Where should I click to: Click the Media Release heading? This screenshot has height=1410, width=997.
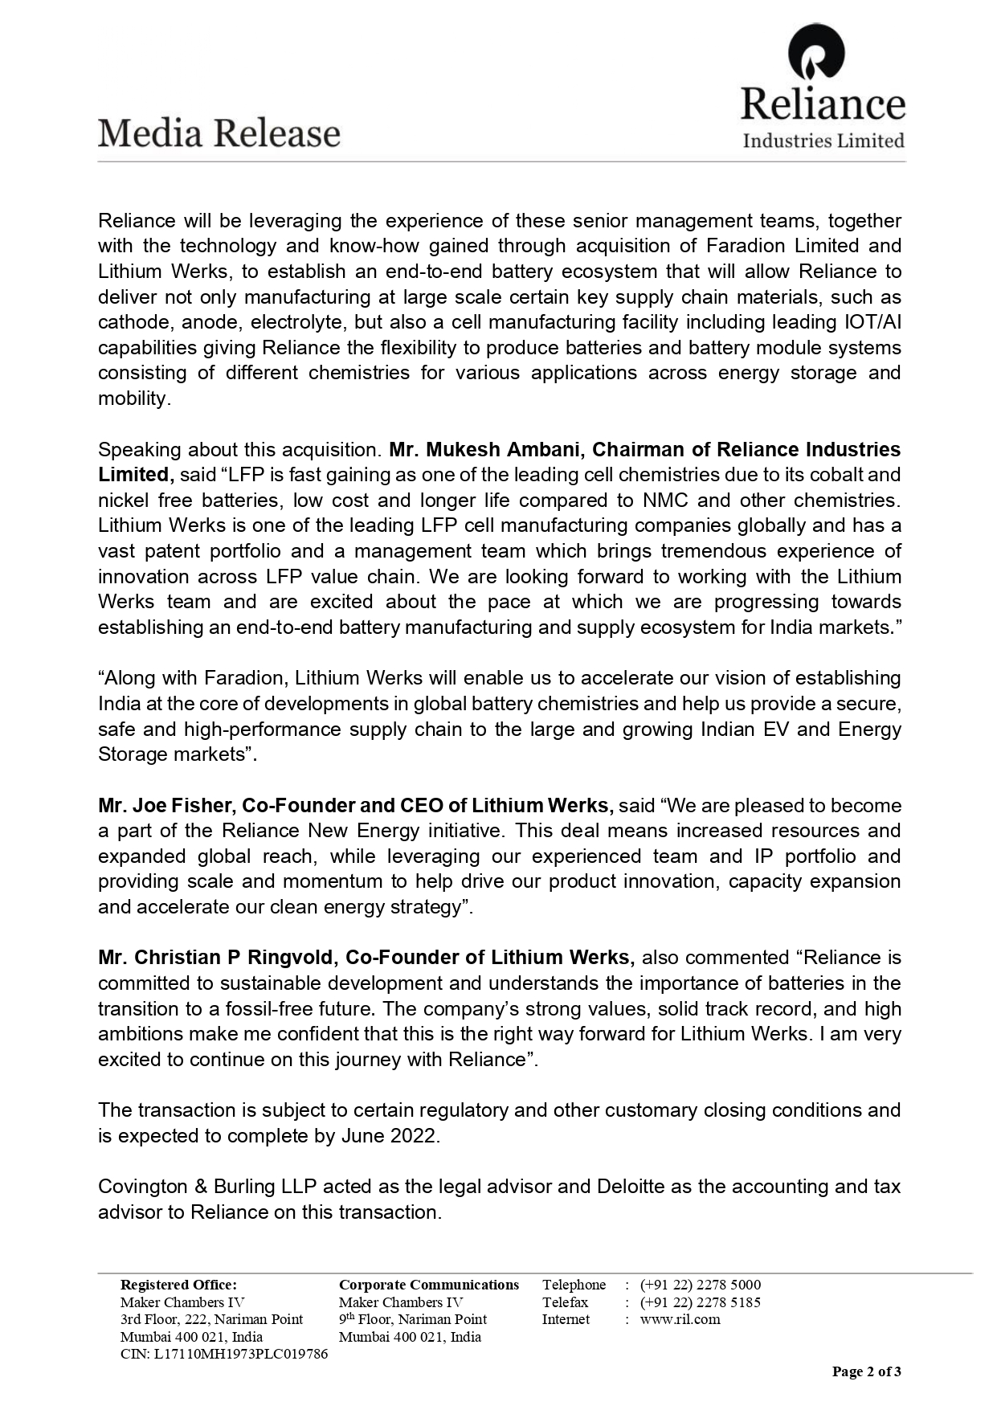(219, 133)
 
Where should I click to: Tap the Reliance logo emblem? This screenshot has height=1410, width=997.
(816, 55)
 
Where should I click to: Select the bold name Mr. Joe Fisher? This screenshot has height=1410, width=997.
(166, 805)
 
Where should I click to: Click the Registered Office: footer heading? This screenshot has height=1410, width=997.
(178, 1285)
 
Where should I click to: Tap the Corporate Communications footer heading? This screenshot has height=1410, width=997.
(428, 1285)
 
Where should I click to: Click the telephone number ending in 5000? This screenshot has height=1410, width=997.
(700, 1285)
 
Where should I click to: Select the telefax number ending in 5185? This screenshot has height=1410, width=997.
(700, 1302)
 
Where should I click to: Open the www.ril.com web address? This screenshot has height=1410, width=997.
(680, 1319)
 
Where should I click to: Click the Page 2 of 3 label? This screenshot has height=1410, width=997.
(866, 1371)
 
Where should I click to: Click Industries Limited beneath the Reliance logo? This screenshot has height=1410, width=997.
(823, 141)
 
